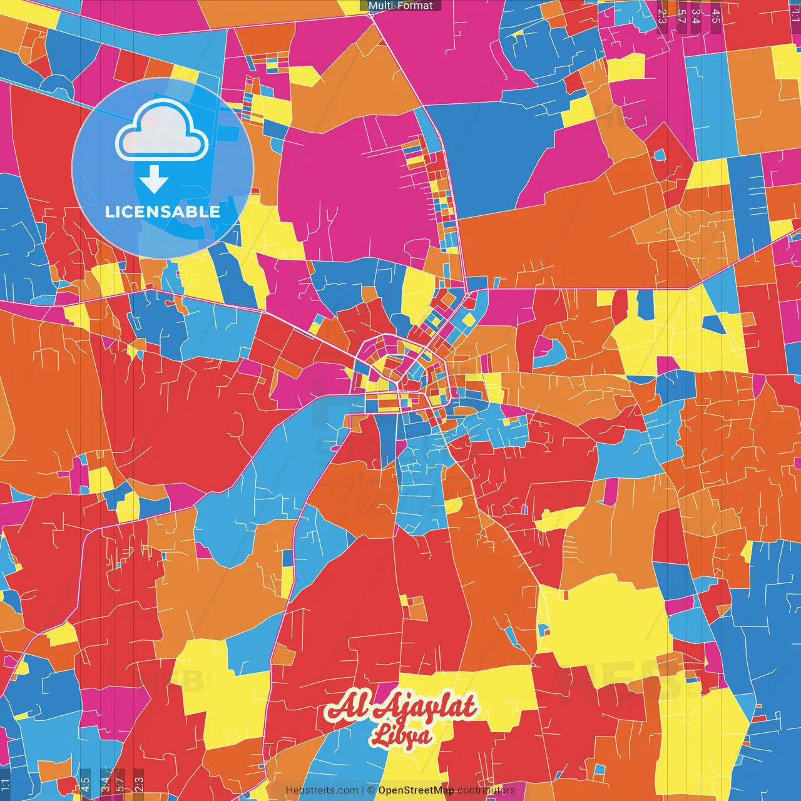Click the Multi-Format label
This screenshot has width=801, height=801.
(400, 6)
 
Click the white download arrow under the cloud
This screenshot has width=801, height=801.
(154, 180)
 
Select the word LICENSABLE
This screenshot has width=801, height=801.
(163, 212)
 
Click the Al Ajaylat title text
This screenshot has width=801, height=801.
(400, 707)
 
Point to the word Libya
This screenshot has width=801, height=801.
(400, 735)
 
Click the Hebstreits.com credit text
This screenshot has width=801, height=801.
(322, 790)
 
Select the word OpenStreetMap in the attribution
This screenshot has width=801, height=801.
(416, 790)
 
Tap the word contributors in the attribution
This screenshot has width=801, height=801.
(486, 790)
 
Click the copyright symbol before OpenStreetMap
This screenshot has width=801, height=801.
(371, 790)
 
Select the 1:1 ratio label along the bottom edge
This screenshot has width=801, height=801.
(5, 784)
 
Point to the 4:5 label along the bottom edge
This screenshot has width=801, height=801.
(85, 784)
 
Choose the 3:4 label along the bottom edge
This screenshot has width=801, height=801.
(105, 784)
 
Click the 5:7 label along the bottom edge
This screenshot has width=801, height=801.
(120, 784)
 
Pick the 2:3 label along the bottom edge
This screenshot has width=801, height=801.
(139, 784)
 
